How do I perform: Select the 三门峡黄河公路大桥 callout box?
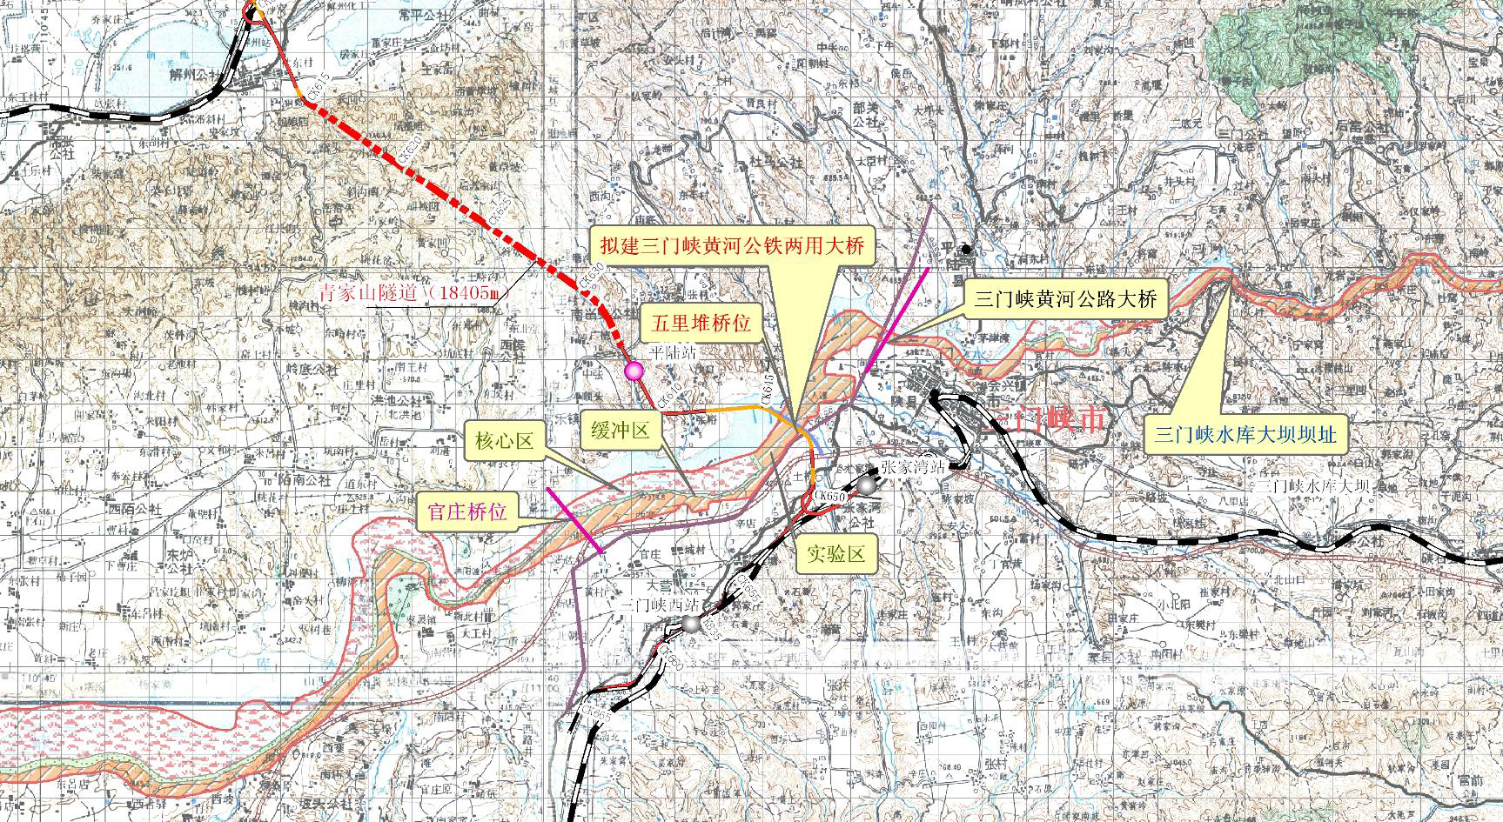pyautogui.click(x=1065, y=299)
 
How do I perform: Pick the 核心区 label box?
pyautogui.click(x=503, y=442)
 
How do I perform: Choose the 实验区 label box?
pyautogui.click(x=835, y=553)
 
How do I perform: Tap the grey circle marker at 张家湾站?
pyautogui.click(x=866, y=485)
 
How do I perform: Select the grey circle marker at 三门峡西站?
pyautogui.click(x=690, y=624)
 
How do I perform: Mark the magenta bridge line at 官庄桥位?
pyautogui.click(x=574, y=520)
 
